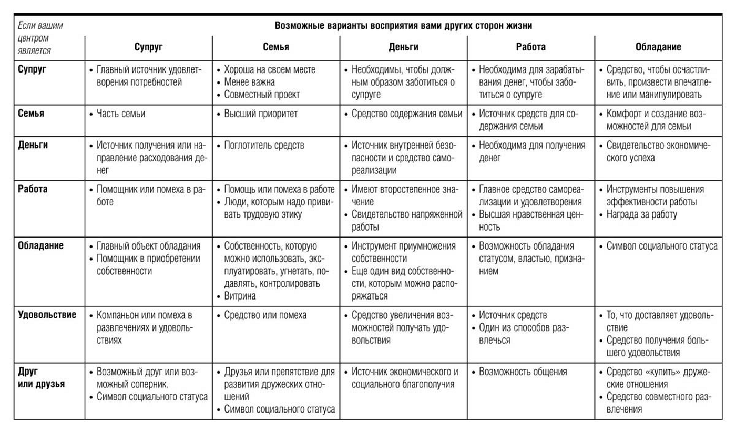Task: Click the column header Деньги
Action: (403, 47)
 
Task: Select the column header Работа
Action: (530, 47)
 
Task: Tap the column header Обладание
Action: (658, 47)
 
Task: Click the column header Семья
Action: (276, 47)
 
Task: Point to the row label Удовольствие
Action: (47, 315)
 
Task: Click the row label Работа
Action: (33, 189)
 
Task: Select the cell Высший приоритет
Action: (261, 114)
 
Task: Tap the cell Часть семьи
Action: (121, 114)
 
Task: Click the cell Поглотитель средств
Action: (264, 146)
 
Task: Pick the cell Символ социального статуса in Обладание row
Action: (662, 246)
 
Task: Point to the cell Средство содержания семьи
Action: (406, 114)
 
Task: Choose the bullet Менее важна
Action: (249, 82)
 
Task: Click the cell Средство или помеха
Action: (265, 315)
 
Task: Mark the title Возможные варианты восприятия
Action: (403, 26)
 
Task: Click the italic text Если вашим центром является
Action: (41, 38)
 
